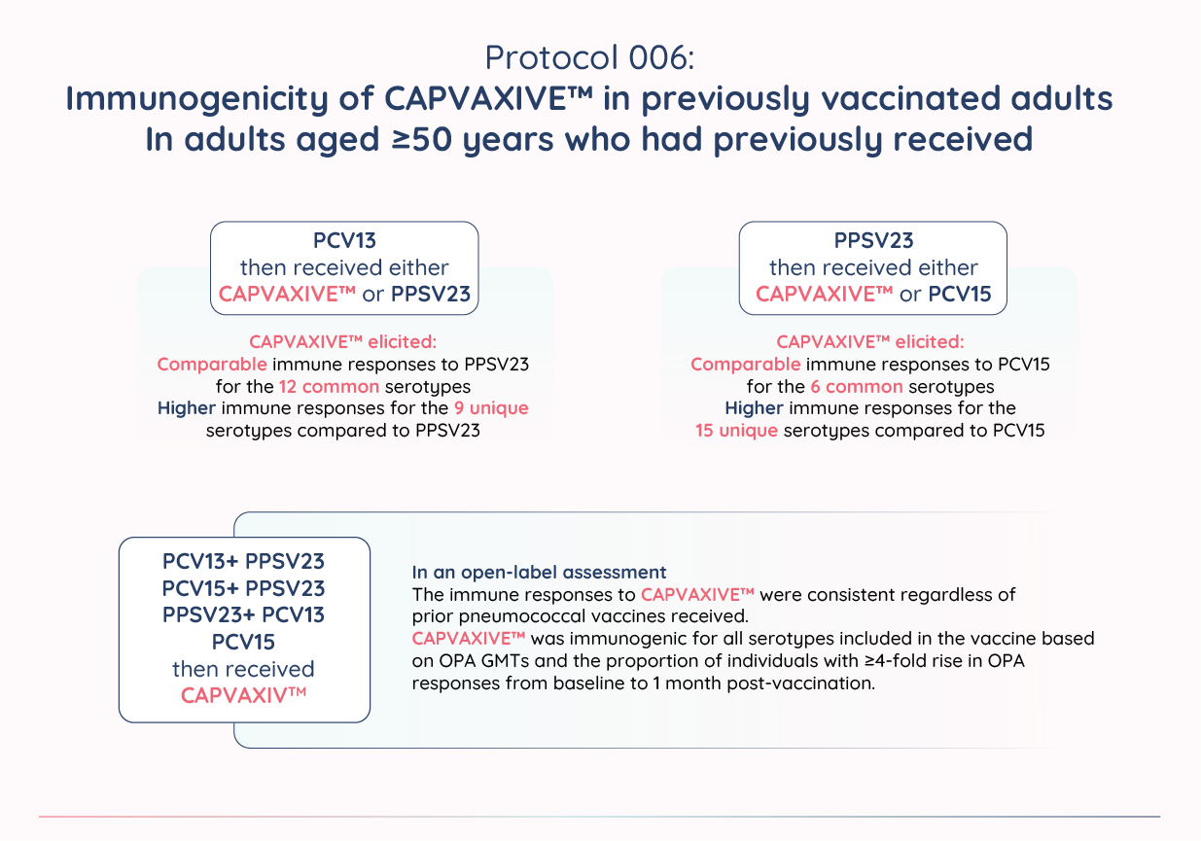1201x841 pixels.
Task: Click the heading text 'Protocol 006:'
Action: [x=589, y=57]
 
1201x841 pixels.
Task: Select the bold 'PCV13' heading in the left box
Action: [x=344, y=240]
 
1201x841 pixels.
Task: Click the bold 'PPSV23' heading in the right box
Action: [x=873, y=240]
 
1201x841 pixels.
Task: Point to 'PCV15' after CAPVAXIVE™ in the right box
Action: [x=959, y=295]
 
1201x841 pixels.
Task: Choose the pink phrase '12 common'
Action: [x=336, y=386]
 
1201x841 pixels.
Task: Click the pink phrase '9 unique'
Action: [x=491, y=407]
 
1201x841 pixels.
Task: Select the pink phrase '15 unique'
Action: [x=736, y=429]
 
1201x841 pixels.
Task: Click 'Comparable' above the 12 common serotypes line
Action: [x=211, y=365]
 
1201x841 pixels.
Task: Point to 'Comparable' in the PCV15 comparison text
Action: [x=746, y=365]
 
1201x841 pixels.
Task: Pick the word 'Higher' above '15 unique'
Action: [x=754, y=407]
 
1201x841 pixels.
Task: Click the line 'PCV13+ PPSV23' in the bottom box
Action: [x=244, y=562]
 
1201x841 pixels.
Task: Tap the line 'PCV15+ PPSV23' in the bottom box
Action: [x=244, y=588]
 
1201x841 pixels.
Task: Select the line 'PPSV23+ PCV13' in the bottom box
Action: [x=244, y=614]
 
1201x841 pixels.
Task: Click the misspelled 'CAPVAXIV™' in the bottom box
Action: [x=244, y=695]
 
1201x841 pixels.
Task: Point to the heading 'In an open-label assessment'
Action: [x=539, y=572]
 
